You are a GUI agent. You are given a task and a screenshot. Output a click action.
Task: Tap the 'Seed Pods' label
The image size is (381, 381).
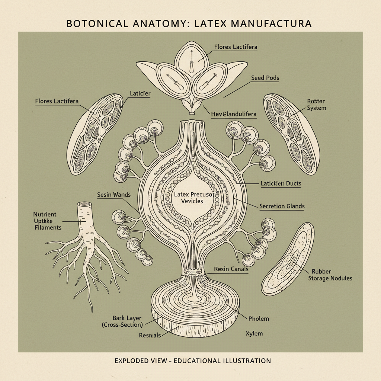[x=265, y=78]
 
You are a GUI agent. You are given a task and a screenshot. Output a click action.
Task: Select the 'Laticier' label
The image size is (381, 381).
[x=140, y=94]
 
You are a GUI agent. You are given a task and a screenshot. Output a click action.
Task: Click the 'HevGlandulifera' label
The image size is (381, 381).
[x=234, y=114]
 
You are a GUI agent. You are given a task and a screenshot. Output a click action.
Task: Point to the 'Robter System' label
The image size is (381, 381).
[x=316, y=105]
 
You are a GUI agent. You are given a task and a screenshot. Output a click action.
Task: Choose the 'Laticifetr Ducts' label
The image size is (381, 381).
[x=281, y=183]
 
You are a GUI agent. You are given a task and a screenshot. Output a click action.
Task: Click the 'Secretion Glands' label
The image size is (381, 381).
[x=282, y=206]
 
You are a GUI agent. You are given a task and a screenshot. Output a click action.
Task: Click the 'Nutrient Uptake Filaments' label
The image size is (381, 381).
[x=47, y=221]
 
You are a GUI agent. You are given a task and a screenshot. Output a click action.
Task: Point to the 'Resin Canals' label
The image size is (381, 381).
[x=231, y=269]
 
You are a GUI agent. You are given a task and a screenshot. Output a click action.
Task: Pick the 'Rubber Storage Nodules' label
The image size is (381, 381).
[x=330, y=275]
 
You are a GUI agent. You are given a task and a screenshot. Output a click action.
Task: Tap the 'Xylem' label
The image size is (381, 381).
[x=254, y=333]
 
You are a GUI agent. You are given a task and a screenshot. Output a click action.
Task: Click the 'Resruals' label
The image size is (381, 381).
[x=150, y=335]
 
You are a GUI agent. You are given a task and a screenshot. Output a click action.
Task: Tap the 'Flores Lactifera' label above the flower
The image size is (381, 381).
[x=236, y=47]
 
